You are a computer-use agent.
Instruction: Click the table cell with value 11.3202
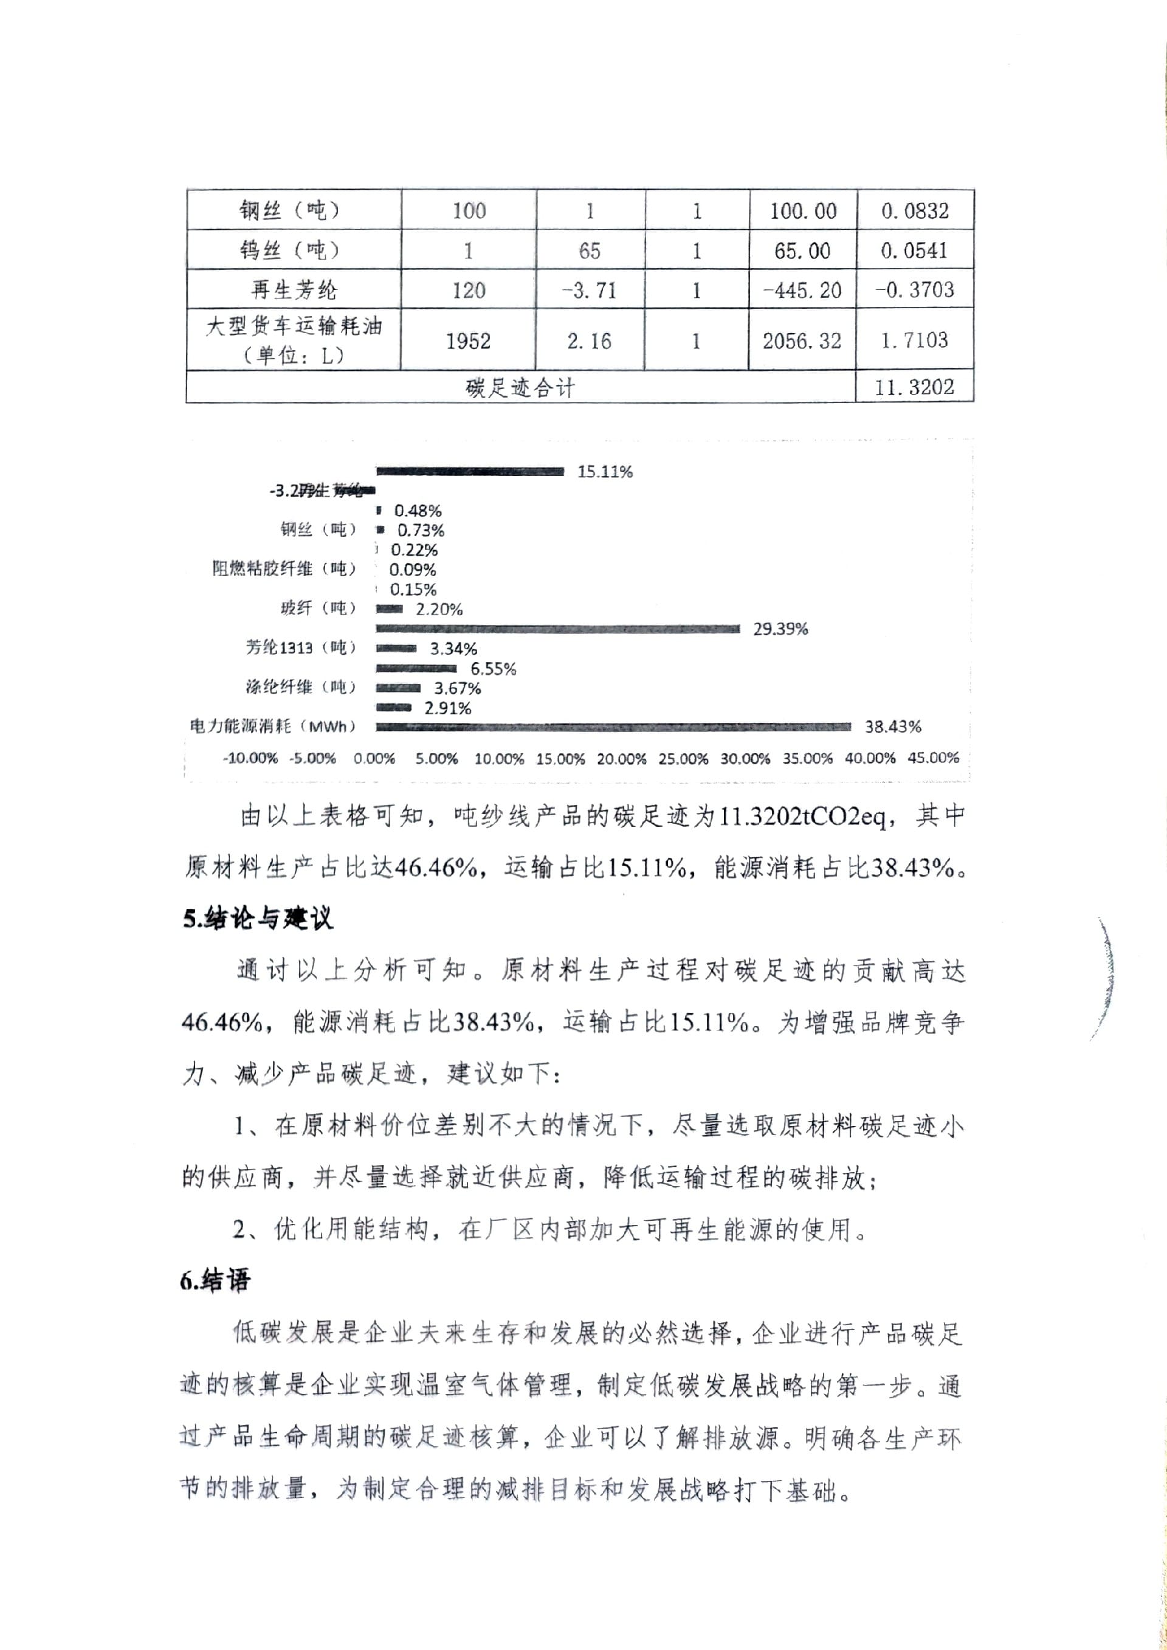coord(914,388)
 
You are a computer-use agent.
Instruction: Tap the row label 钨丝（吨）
coord(291,250)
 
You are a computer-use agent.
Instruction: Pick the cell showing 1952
coord(468,340)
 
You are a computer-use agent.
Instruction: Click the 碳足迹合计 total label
coord(520,388)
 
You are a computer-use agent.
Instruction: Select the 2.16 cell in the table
coord(589,340)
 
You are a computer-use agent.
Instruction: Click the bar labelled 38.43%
coord(613,727)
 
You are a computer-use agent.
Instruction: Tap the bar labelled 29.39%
coord(557,629)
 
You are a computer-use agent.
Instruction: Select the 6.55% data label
coord(493,669)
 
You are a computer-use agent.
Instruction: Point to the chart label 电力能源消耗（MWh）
coord(273,727)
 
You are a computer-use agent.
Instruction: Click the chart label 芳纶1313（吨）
coord(300,647)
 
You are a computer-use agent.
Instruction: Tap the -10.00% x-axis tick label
coord(250,758)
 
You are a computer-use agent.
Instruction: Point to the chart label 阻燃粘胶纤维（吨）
coord(284,568)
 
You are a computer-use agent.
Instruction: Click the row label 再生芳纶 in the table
coord(294,291)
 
